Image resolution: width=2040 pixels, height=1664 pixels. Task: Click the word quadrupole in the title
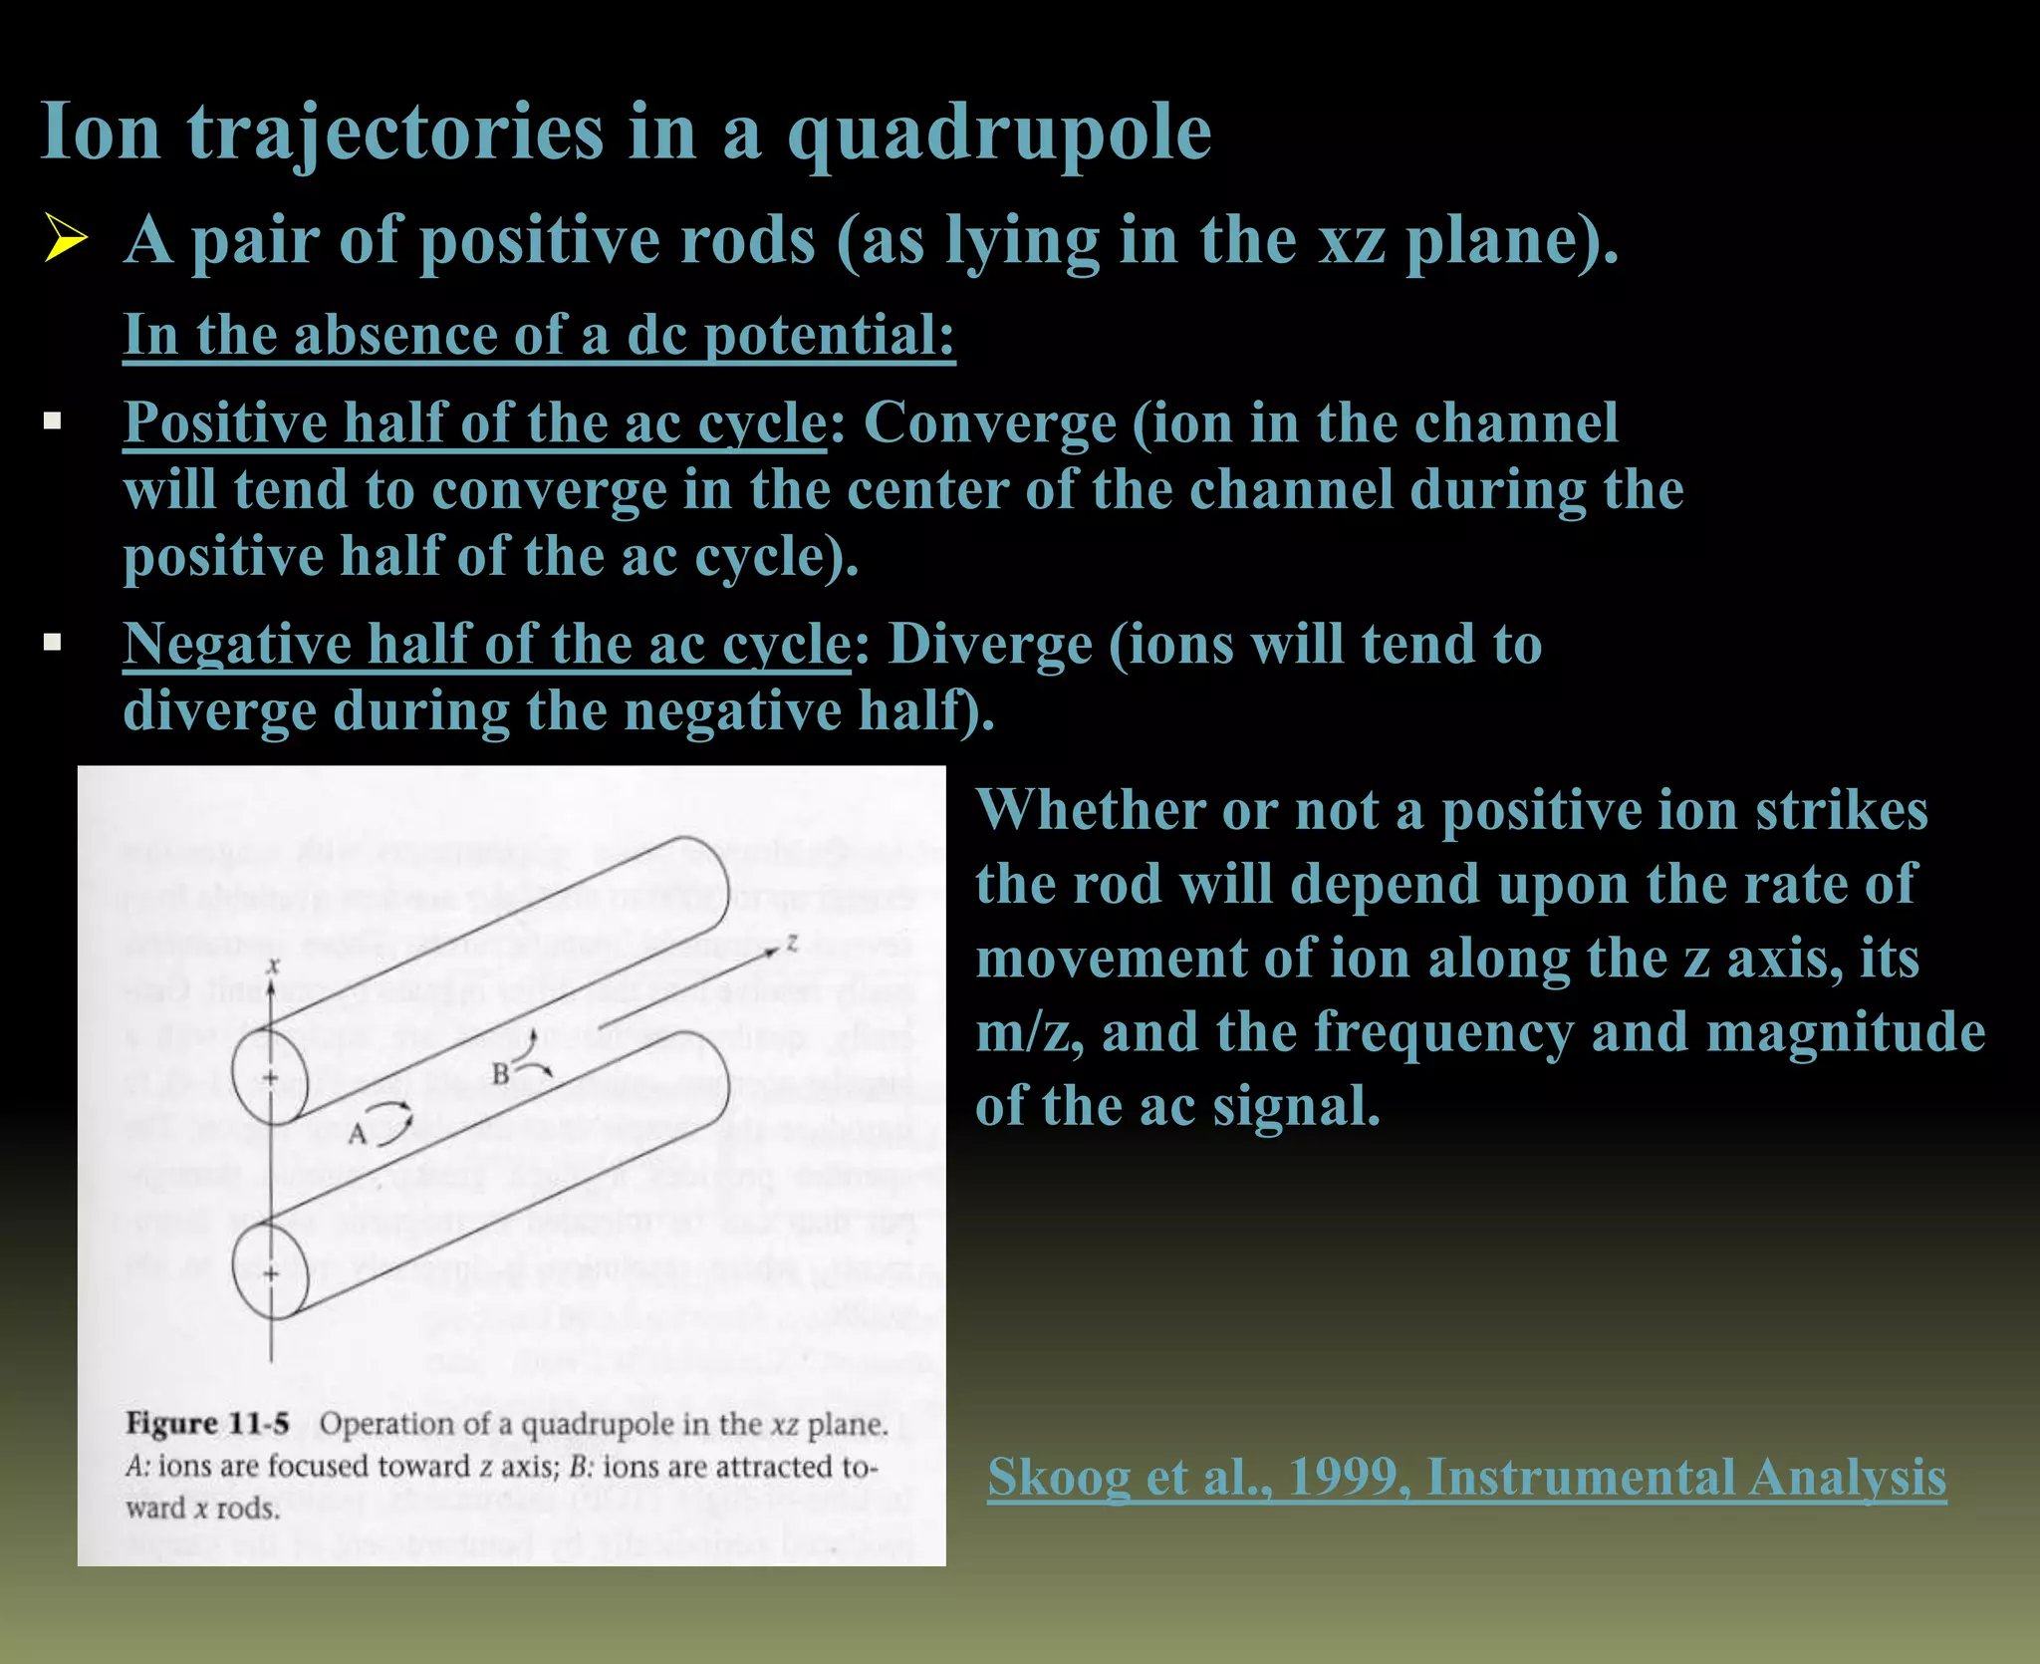999,134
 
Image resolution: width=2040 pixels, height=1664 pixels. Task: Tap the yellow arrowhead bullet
66,240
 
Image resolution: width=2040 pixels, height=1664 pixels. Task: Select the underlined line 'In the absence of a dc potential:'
538,335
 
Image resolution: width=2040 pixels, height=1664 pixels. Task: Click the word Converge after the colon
989,423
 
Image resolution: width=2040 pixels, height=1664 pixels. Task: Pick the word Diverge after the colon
989,645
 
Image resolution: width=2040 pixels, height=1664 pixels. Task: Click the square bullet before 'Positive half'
53,421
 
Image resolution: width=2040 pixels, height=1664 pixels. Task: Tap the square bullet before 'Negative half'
53,643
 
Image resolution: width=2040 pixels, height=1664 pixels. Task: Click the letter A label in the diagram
357,1135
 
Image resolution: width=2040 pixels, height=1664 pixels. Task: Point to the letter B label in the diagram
501,1074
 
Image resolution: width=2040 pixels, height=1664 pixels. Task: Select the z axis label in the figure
792,941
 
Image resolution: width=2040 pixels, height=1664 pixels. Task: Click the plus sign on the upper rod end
270,1077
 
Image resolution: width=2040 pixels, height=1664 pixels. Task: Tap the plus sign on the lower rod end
270,1273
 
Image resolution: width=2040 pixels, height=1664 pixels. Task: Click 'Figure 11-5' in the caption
207,1424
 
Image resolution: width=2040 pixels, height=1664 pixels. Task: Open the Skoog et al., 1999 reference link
1466,1478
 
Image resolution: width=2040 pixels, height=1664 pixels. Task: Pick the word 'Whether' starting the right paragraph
1089,810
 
